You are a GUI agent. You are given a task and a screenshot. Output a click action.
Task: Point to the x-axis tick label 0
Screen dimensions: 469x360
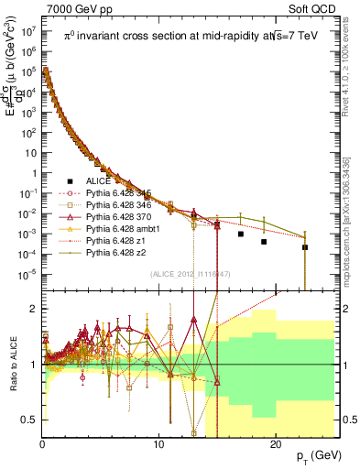[42, 442]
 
